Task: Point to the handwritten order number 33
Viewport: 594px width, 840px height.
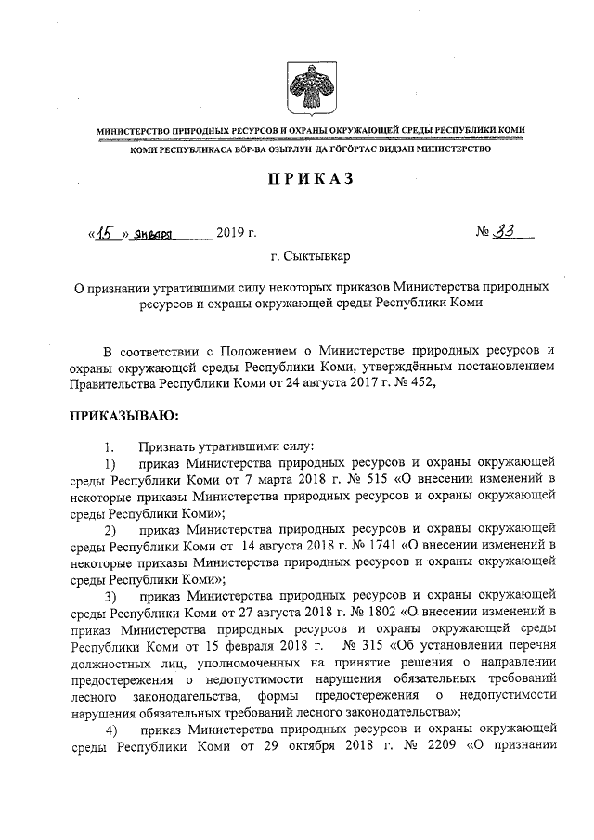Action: pyautogui.click(x=504, y=231)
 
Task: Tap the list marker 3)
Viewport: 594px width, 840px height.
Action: pyautogui.click(x=110, y=594)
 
